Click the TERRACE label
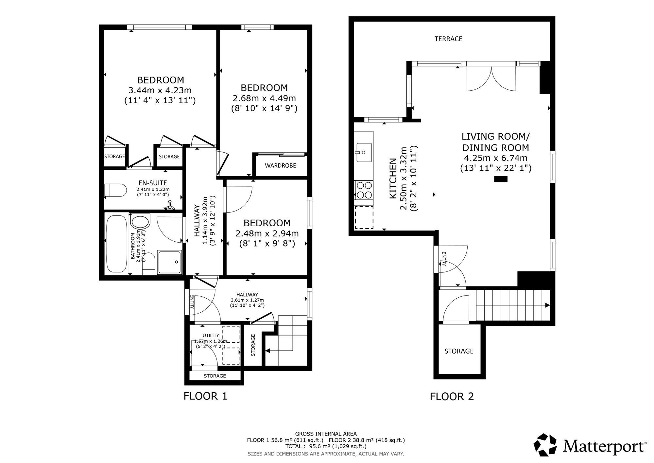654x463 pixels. pos(448,39)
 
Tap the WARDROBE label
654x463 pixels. pos(280,166)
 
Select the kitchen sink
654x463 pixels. pos(364,153)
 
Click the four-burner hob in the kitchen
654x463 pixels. pos(364,190)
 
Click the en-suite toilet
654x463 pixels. pos(115,190)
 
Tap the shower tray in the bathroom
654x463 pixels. pos(169,262)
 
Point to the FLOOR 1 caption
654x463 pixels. pos(205,396)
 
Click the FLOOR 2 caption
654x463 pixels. pos(452,397)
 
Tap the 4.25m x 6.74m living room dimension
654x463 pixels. pos(496,158)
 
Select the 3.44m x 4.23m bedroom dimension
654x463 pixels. pos(160,90)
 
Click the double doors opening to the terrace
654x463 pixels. pos(491,79)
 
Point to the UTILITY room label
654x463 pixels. pos(211,336)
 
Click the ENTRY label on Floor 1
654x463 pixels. pos(192,302)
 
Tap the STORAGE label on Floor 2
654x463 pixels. pos(459,351)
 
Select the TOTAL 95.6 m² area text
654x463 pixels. pos(326,446)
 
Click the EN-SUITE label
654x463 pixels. pos(153,183)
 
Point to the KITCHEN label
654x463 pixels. pos(393,178)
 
